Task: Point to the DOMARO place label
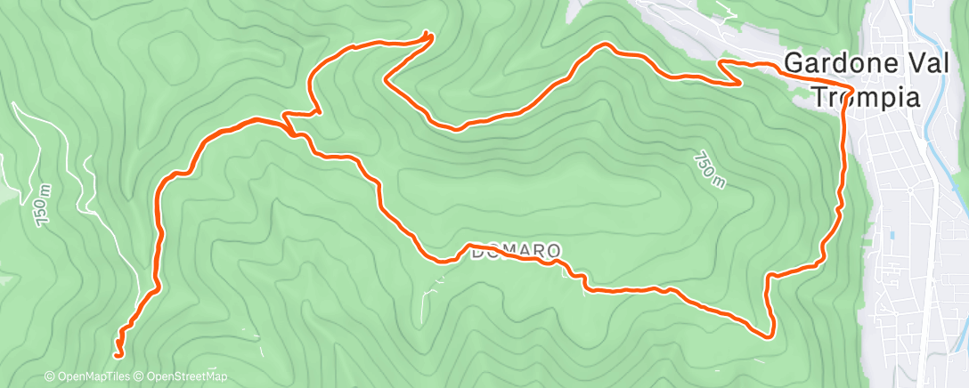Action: click(517, 254)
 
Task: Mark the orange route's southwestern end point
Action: click(118, 355)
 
